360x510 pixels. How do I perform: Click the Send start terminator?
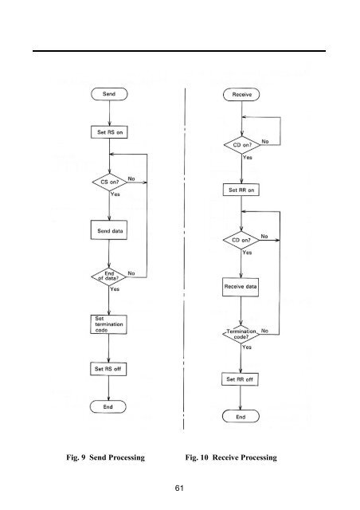click(109, 94)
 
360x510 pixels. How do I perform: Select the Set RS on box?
click(109, 132)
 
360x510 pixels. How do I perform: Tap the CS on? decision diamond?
click(110, 182)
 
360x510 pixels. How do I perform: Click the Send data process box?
click(109, 230)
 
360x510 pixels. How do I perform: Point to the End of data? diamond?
click(108, 277)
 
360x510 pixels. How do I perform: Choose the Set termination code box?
click(108, 324)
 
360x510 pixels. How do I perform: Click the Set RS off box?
click(108, 369)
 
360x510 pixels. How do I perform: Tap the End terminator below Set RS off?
click(108, 407)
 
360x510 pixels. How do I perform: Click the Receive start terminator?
click(241, 95)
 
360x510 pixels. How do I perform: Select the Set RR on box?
click(241, 190)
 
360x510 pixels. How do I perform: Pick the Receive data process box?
click(241, 287)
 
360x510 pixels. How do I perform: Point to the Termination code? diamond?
click(241, 334)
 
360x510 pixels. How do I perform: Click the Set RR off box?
click(240, 379)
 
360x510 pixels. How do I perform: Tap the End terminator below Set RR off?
click(241, 417)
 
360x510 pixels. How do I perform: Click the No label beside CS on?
click(131, 178)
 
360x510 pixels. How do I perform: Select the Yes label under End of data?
click(115, 288)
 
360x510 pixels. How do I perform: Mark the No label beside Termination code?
click(264, 331)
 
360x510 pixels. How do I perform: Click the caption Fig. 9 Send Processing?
click(105, 457)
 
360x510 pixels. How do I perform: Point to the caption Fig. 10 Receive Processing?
click(231, 457)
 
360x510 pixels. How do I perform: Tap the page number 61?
click(179, 488)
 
